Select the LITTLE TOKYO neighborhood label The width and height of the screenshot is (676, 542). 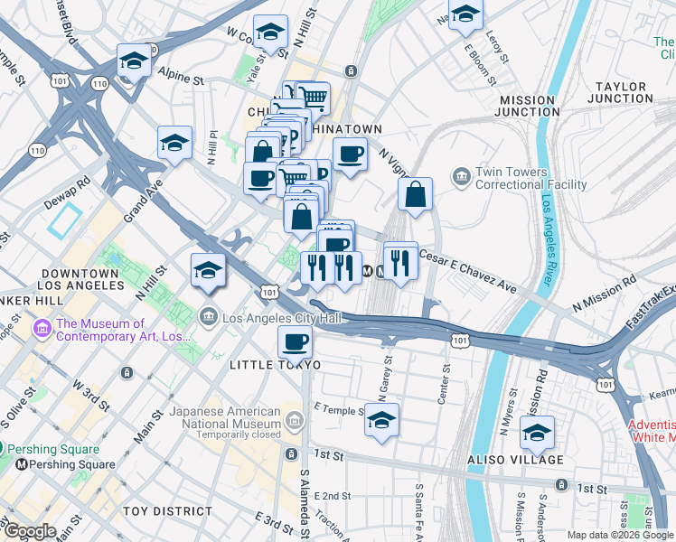click(275, 364)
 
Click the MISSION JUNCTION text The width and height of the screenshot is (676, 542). click(526, 106)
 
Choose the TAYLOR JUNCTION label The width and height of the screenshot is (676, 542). click(620, 92)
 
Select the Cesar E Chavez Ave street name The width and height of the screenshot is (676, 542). click(467, 270)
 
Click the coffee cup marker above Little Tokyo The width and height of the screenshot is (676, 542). click(295, 344)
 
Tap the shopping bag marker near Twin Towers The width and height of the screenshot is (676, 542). click(415, 194)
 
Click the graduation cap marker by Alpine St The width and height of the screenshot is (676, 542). click(134, 61)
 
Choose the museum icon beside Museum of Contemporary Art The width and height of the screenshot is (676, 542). click(41, 325)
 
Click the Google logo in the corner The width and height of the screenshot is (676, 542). click(29, 531)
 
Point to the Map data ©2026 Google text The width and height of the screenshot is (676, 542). click(620, 535)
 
